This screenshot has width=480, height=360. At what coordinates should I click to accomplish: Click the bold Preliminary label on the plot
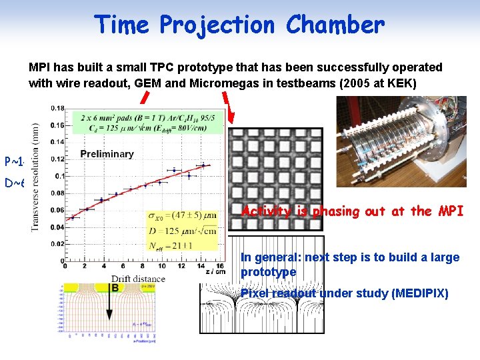107,154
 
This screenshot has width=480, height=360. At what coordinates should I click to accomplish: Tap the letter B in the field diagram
116,287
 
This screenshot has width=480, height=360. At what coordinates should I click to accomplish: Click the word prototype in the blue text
269,272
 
